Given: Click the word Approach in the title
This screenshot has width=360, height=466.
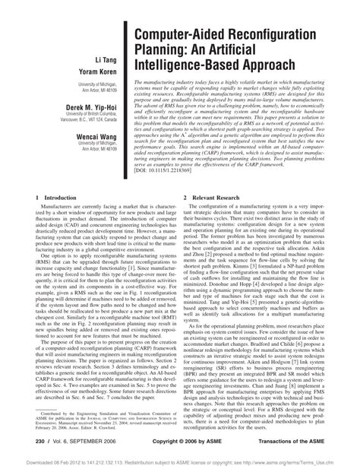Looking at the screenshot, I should (297, 70).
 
